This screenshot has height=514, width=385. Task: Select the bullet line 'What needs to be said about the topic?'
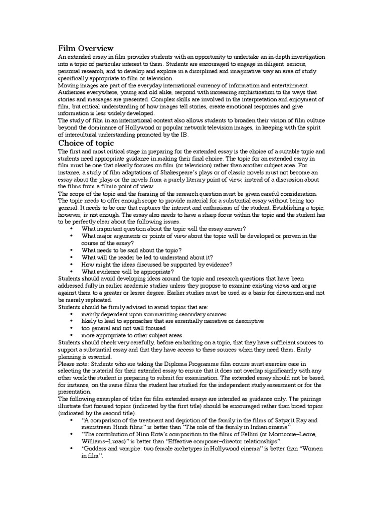131,250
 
